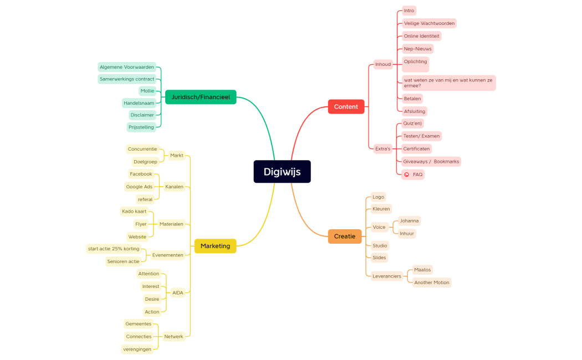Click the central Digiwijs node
(x=282, y=172)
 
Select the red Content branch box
(x=346, y=107)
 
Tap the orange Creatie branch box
(x=344, y=236)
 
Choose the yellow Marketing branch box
(x=215, y=246)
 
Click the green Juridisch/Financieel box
(x=201, y=97)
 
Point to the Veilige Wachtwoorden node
(x=429, y=23)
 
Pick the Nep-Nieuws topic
(x=417, y=49)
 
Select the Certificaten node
(x=416, y=148)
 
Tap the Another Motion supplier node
(x=432, y=282)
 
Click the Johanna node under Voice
(x=409, y=220)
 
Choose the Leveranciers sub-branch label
(x=386, y=276)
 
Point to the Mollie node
(x=147, y=91)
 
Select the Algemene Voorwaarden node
(x=127, y=67)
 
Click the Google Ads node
(x=139, y=187)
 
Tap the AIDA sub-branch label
(x=177, y=292)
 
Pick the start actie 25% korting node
(x=114, y=249)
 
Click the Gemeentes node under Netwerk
(x=138, y=323)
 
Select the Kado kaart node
(x=134, y=211)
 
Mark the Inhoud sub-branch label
(x=383, y=64)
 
